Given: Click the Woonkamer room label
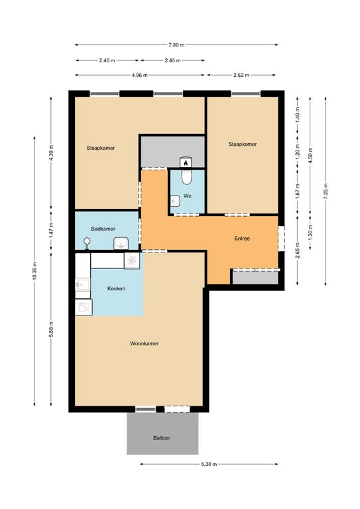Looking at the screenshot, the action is pos(144,343).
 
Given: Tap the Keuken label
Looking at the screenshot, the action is pos(116,288).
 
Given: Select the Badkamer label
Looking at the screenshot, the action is pos(103,229).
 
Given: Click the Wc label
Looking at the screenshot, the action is pos(188,196).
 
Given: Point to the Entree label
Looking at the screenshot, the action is pos(242,239).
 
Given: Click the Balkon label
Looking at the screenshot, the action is pos(161,438).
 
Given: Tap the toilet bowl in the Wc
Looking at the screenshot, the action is pos(186,176).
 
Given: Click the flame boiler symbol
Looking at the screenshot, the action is pos(186,162).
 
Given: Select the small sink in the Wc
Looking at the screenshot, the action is pos(175,201).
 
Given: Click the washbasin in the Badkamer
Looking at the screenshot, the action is pos(121,243).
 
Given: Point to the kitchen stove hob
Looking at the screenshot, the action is pos(132,260).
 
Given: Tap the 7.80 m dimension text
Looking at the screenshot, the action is pos(176,45).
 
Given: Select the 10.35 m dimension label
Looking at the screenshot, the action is pos(34,270).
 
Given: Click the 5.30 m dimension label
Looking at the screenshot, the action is pos(209,464).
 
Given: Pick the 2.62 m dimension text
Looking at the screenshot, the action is pos(241,76).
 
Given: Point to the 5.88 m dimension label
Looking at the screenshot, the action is pos(51,329).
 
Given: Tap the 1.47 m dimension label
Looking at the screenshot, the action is pos(51,231).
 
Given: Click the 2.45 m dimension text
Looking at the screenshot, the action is pos(172,60).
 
